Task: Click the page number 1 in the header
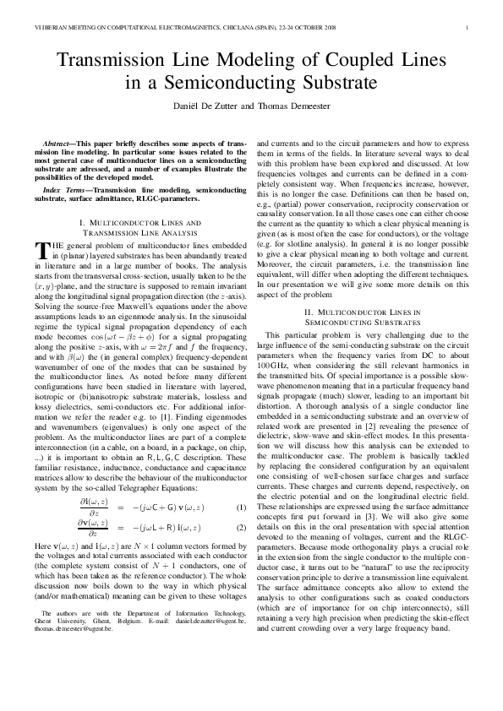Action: (467, 29)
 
